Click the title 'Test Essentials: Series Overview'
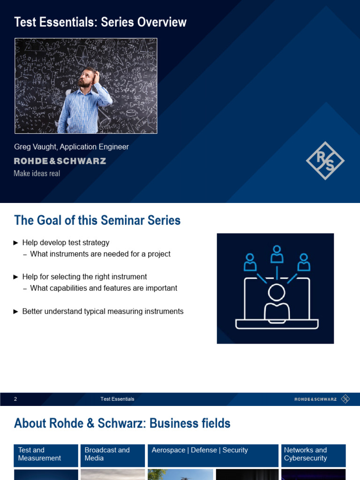click(x=100, y=22)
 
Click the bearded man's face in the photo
click(x=86, y=78)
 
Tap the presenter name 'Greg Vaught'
click(x=35, y=147)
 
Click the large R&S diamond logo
click(x=325, y=160)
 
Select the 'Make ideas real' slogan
click(x=37, y=173)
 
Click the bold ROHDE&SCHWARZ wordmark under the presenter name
click(x=60, y=161)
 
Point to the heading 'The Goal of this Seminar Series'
click(x=97, y=220)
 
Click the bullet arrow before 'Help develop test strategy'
click(x=16, y=243)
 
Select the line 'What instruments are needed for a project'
click(x=100, y=254)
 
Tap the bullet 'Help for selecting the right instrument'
click(x=84, y=277)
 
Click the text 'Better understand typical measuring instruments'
click(x=103, y=311)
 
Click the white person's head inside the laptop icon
click(x=277, y=292)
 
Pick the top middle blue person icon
click(x=277, y=254)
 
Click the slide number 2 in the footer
click(x=15, y=399)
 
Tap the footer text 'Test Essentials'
click(x=117, y=399)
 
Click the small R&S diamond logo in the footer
click(x=345, y=399)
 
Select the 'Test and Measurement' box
click(x=46, y=456)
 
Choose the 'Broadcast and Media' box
click(x=112, y=456)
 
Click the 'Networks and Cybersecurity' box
click(x=314, y=456)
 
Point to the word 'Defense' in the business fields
click(x=203, y=450)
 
